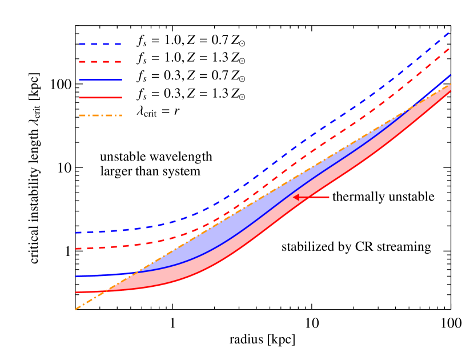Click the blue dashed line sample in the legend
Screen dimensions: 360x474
click(x=100, y=44)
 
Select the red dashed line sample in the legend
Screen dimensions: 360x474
click(x=100, y=62)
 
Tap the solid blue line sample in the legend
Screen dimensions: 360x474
click(x=100, y=80)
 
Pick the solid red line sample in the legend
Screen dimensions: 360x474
click(x=100, y=98)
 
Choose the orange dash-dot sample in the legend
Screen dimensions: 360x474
click(x=100, y=115)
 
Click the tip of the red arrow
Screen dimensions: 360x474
click(x=294, y=197)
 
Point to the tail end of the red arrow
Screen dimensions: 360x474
click(x=330, y=197)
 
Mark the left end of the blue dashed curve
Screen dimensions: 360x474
click(x=76, y=233)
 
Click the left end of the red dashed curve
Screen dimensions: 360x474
click(x=76, y=249)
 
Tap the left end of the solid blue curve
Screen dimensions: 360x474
click(x=76, y=276)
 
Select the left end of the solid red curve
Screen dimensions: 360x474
click(x=76, y=292)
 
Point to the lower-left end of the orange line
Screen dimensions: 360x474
click(x=76, y=309)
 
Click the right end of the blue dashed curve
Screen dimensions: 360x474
click(x=451, y=32)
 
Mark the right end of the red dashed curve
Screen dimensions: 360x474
click(x=451, y=48)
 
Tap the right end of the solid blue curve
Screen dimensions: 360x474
click(x=451, y=75)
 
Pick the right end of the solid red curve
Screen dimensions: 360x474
click(x=451, y=91)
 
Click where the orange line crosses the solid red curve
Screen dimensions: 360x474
click(x=104, y=291)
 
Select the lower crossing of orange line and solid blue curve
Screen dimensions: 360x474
click(x=137, y=272)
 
